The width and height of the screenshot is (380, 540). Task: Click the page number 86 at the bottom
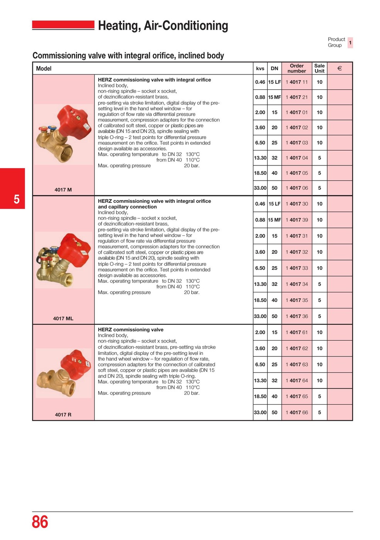coord(40,522)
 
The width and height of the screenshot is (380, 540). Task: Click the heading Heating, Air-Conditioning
coord(163,26)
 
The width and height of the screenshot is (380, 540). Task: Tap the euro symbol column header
coord(339,68)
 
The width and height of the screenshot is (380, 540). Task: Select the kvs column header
coord(260,69)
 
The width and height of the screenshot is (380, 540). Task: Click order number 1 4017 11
coord(297,82)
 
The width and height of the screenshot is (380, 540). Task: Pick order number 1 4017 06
coord(297,188)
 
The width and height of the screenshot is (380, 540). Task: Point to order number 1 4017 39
coord(297,220)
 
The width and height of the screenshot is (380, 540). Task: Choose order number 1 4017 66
coord(297,412)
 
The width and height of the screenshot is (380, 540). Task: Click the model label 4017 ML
coord(63,319)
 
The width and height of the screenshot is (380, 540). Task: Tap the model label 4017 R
coord(63,415)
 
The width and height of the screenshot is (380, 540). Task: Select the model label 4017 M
coord(63,190)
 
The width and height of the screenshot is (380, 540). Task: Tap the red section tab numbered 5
coord(13,189)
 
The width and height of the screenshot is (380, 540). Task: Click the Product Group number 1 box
coord(350,42)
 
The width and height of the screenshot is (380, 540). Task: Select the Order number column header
coord(297,68)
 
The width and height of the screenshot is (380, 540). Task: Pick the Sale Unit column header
coord(319,68)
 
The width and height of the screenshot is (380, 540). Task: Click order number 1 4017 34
coord(297,284)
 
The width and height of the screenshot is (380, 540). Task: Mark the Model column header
coord(44,69)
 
